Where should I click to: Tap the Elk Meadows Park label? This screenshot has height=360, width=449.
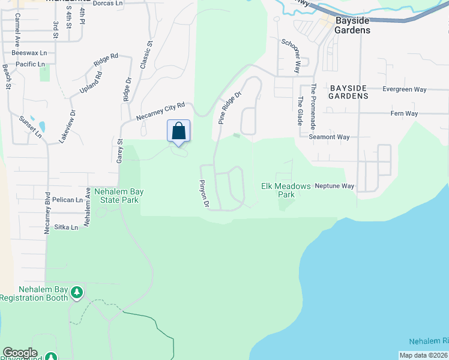click(x=286, y=190)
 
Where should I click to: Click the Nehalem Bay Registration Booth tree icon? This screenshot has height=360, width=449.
click(x=76, y=293)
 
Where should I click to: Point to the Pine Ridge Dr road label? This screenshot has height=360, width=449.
click(x=229, y=107)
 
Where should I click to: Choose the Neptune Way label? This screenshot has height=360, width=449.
click(x=334, y=186)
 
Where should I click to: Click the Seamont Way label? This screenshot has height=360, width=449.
click(x=329, y=137)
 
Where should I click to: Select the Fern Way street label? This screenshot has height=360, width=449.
click(x=404, y=113)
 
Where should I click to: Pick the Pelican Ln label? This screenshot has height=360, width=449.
click(x=67, y=200)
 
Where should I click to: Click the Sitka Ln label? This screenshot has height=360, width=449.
click(x=66, y=227)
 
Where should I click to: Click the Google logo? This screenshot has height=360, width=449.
click(x=20, y=353)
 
